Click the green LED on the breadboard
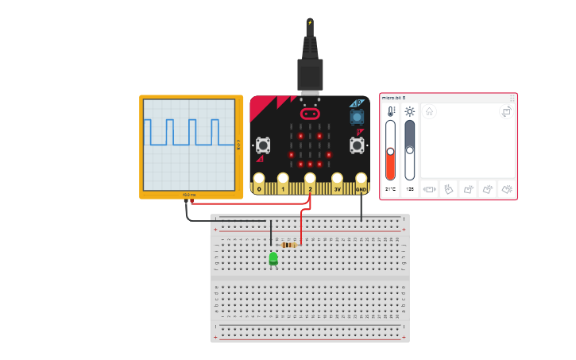[273, 258]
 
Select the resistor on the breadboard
[289, 245]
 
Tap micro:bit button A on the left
[263, 145]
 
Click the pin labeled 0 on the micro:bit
[259, 184]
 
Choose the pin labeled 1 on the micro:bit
[284, 184]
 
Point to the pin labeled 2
[310, 184]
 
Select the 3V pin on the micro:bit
[336, 184]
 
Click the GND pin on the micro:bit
[361, 184]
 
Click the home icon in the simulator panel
[429, 112]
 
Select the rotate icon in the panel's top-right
[506, 112]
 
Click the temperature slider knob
[390, 151]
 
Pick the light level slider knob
[410, 148]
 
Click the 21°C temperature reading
[390, 190]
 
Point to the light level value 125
[410, 190]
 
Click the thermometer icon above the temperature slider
[390, 112]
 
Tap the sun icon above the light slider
[410, 112]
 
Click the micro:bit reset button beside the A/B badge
[357, 118]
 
